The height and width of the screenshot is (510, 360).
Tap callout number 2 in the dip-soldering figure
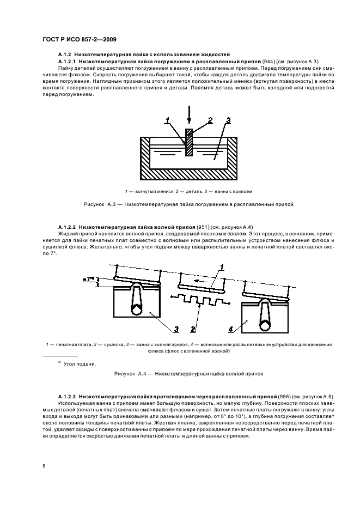209,119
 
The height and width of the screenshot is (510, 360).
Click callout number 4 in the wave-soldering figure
230,329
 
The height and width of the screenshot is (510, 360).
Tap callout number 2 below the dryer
193,329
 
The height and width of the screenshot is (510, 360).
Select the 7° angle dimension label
88,279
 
